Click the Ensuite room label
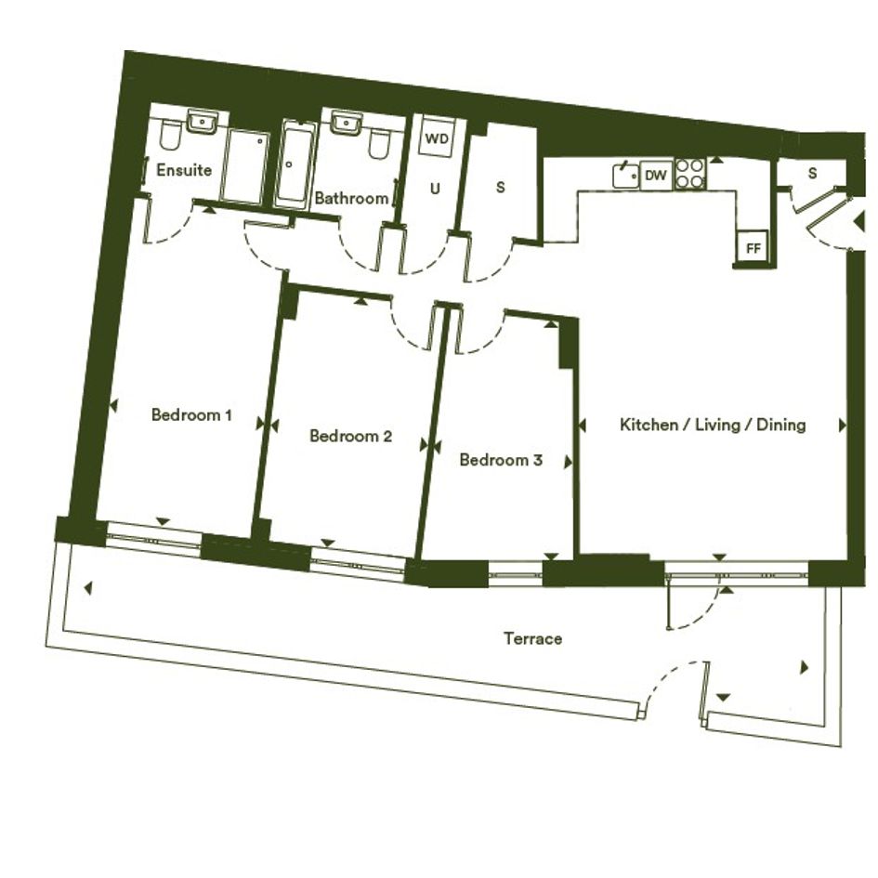(x=184, y=170)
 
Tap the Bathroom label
(x=351, y=198)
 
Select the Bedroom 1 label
(x=191, y=415)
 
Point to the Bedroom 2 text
(x=350, y=436)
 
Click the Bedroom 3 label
(x=501, y=460)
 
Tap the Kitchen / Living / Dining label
(x=713, y=425)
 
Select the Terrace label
(x=532, y=638)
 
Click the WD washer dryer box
(x=437, y=138)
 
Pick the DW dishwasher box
(x=656, y=176)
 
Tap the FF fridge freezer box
(x=754, y=247)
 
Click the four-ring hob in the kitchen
(x=689, y=174)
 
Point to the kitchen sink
(x=626, y=176)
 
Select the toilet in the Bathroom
(x=379, y=143)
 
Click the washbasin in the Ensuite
(x=202, y=122)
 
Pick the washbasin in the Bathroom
(x=346, y=122)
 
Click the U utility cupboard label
(x=435, y=190)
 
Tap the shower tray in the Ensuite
(x=244, y=167)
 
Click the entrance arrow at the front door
(x=859, y=222)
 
